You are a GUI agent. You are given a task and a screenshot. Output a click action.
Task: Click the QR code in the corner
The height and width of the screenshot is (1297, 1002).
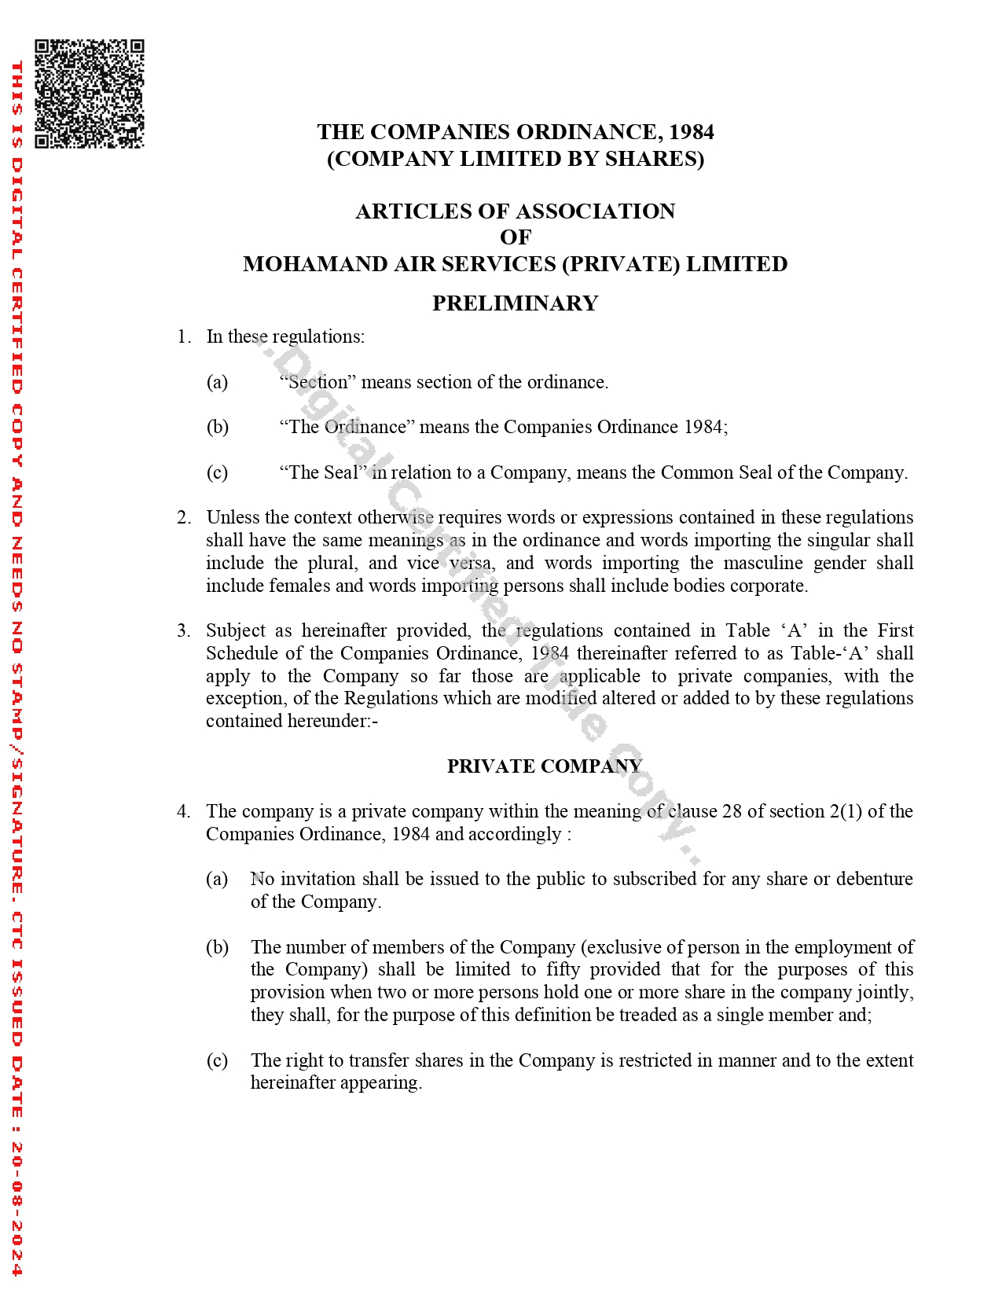click(89, 94)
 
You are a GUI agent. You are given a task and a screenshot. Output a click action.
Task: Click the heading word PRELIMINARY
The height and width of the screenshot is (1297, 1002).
click(515, 303)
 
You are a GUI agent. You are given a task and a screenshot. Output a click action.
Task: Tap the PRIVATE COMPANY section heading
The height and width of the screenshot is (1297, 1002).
click(544, 766)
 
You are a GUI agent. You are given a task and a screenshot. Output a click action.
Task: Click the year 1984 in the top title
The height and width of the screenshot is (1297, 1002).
click(692, 132)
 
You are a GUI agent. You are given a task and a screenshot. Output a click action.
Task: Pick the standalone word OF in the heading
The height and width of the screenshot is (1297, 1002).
click(516, 237)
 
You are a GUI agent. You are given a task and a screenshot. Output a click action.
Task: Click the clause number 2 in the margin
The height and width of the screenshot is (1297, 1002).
click(183, 517)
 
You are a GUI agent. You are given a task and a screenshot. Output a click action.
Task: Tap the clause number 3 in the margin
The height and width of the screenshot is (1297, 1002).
click(183, 630)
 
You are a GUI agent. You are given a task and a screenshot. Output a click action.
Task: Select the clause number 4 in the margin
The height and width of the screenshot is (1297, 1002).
click(183, 811)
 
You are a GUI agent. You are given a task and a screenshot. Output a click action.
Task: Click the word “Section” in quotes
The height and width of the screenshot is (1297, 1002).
click(317, 382)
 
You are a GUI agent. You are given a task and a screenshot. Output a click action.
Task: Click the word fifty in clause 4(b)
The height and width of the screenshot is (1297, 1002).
click(563, 969)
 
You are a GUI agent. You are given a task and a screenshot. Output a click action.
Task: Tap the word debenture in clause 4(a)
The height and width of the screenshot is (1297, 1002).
click(874, 879)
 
